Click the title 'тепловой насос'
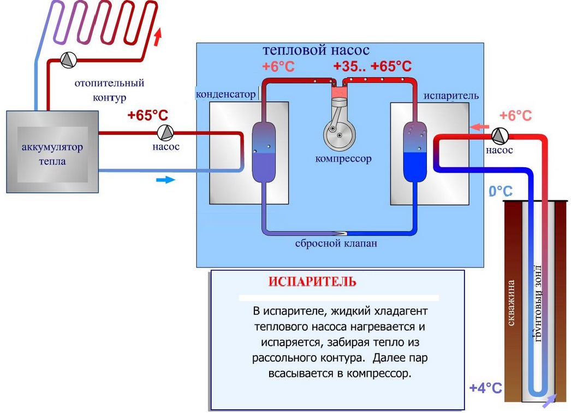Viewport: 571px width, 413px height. [x=316, y=51]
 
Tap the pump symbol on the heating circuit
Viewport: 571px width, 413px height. [x=69, y=60]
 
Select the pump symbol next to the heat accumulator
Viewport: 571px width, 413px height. [x=165, y=132]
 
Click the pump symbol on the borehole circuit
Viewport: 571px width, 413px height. [x=499, y=134]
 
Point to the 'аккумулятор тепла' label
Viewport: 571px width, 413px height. [x=52, y=154]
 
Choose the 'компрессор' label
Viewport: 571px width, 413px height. [x=343, y=159]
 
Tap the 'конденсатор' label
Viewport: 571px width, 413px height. [x=225, y=94]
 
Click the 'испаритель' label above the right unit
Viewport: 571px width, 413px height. [x=451, y=96]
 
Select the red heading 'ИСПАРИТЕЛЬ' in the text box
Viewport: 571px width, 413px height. [x=312, y=282]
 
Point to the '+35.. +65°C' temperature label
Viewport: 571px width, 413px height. [x=372, y=67]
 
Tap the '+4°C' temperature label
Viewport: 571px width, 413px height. [x=485, y=388]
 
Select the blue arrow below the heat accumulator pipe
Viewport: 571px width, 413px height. [x=164, y=179]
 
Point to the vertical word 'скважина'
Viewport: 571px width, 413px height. [x=511, y=303]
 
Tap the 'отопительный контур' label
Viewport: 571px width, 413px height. [x=109, y=90]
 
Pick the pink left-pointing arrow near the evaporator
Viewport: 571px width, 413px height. [x=479, y=127]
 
